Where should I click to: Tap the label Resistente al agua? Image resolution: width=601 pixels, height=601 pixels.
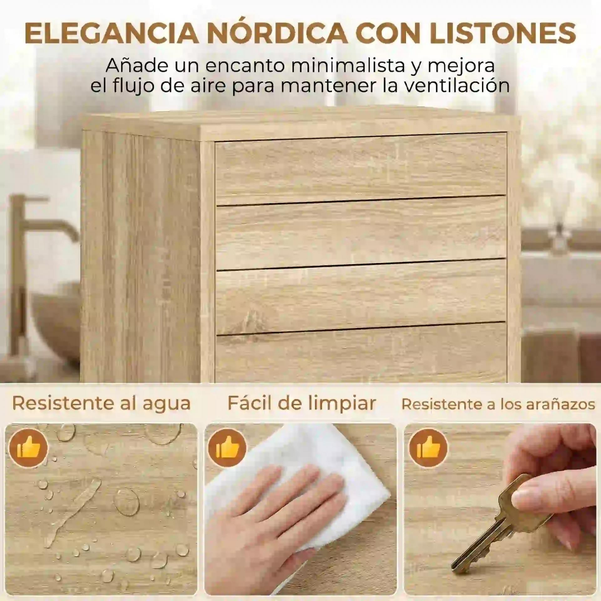coord(101,403)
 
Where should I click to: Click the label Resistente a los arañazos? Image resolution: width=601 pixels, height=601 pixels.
coord(498,404)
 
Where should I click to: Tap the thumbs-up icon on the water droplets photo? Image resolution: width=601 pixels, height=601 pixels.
coord(28,448)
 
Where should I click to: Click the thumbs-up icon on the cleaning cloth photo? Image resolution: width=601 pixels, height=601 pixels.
coord(228,448)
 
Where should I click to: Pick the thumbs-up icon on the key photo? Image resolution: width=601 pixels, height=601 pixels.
coord(428,448)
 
